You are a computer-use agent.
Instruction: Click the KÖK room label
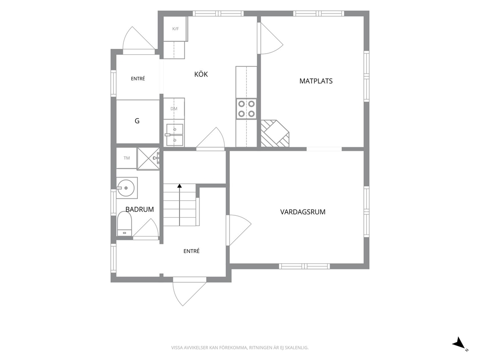[x=201, y=74]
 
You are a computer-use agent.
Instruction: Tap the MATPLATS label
[x=316, y=81]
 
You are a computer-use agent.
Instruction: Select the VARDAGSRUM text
[x=303, y=212]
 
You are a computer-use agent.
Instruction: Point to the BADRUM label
[x=139, y=210]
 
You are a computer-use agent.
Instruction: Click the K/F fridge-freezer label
[x=176, y=29]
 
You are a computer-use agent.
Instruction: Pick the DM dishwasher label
[x=174, y=109]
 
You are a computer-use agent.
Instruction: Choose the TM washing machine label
[x=126, y=158]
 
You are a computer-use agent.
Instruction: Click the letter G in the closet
[x=137, y=121]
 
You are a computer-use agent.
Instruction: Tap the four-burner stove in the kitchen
[x=246, y=109]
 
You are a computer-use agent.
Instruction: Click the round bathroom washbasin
[x=126, y=188]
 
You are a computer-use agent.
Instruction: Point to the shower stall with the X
[x=148, y=159]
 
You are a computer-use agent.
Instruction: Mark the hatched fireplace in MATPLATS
[x=274, y=134]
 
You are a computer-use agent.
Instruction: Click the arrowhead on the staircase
[x=180, y=185]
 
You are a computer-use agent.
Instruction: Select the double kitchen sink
[x=175, y=135]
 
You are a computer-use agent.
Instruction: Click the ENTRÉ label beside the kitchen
[x=138, y=79]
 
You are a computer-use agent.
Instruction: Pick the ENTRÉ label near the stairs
[x=191, y=251]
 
